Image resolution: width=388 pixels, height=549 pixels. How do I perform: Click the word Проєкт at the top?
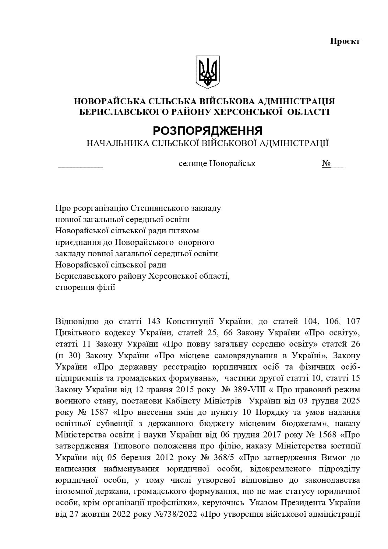(345, 42)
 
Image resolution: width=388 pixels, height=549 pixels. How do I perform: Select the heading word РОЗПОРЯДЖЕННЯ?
(208, 131)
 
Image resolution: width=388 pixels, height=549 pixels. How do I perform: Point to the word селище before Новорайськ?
(193, 163)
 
